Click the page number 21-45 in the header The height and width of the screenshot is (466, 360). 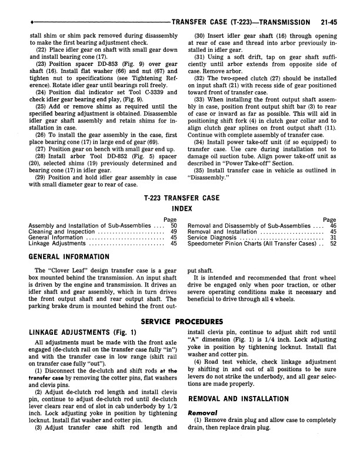332,23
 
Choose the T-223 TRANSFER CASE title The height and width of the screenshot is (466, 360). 179,198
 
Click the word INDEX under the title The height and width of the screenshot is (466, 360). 180,209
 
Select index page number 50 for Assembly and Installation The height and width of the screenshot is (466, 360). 174,225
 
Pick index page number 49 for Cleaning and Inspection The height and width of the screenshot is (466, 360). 174,232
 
